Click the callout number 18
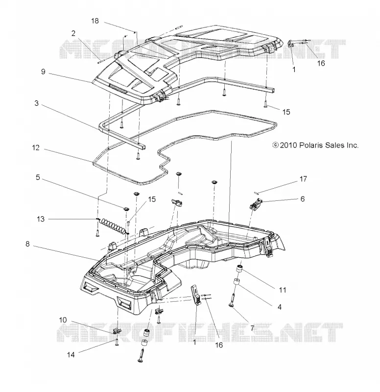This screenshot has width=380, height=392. [95, 21]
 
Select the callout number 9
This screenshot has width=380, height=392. [43, 72]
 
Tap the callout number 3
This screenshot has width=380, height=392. [36, 103]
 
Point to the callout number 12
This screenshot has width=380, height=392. [36, 148]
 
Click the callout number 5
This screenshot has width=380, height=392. [38, 177]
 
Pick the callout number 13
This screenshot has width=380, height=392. [41, 219]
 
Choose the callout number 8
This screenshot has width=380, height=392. [27, 244]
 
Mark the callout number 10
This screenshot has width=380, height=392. [63, 320]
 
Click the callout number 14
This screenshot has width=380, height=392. [71, 354]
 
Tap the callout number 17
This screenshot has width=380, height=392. [303, 179]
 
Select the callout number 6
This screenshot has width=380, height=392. [303, 199]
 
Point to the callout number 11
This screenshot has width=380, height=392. [283, 290]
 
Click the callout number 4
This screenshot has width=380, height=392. [280, 307]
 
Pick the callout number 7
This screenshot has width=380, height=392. [252, 328]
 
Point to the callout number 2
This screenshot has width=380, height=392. [73, 33]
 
